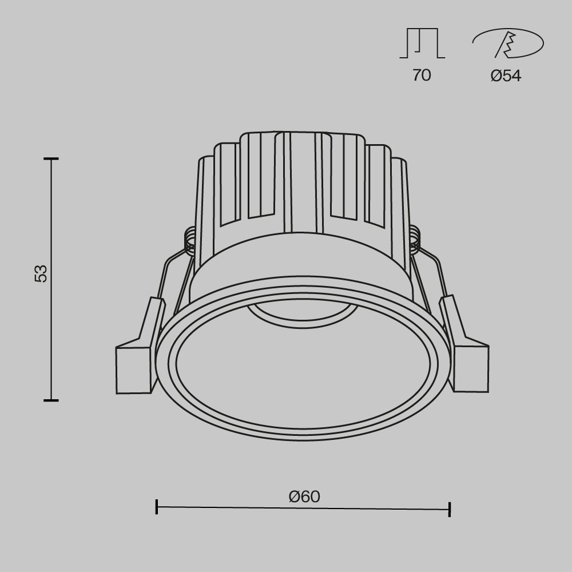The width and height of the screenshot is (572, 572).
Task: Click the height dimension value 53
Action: tap(41, 273)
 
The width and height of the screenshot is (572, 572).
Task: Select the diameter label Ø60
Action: tap(304, 496)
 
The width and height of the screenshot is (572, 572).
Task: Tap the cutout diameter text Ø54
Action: tap(506, 76)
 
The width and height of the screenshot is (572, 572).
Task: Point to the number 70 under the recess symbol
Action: tap(422, 76)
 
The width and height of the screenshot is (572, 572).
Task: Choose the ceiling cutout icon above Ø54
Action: tap(507, 43)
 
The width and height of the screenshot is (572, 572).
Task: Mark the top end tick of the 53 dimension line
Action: tap(51, 159)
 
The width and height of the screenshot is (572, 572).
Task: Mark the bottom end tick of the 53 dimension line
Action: tap(51, 400)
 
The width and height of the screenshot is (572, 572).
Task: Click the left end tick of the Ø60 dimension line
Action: tap(157, 507)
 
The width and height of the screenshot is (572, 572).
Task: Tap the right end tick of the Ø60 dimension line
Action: tap(450, 509)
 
